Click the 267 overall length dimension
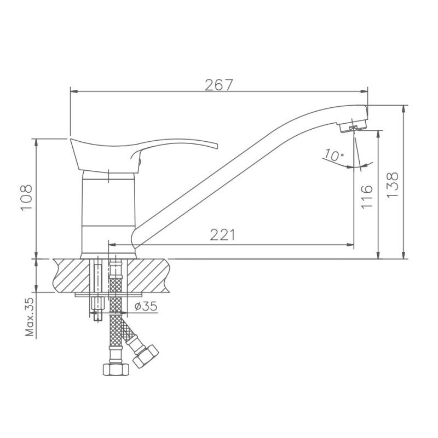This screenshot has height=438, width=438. click(219, 85)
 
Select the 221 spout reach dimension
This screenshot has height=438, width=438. click(222, 235)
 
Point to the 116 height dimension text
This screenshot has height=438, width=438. click(367, 196)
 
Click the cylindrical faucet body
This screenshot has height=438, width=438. click(108, 214)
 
